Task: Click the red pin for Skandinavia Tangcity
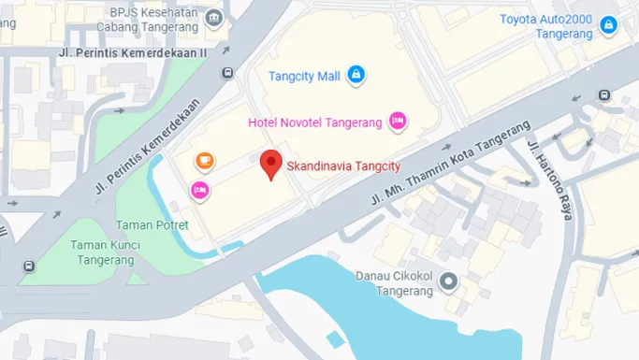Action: click(271, 164)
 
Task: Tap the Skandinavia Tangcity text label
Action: click(343, 166)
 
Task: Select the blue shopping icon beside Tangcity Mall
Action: click(356, 75)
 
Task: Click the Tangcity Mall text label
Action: click(304, 76)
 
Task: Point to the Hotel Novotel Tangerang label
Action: click(315, 122)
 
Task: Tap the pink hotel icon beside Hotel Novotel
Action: click(398, 120)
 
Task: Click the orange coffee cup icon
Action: click(204, 161)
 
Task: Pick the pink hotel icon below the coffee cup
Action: click(199, 191)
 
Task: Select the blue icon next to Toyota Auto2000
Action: click(609, 24)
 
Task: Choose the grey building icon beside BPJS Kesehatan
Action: click(216, 18)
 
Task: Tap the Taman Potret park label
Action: click(152, 225)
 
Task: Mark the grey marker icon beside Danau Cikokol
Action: click(449, 280)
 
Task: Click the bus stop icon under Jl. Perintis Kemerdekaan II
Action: click(226, 73)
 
